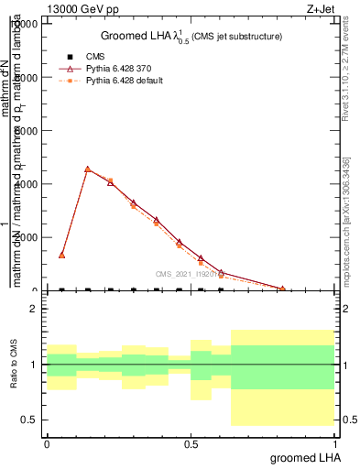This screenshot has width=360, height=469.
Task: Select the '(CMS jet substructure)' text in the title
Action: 236,37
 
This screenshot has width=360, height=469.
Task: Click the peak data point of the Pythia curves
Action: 87,169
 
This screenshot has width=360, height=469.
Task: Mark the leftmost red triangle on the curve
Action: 62,255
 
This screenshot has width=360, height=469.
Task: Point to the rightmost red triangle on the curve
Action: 282,289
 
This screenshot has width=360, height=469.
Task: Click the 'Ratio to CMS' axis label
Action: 14,364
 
